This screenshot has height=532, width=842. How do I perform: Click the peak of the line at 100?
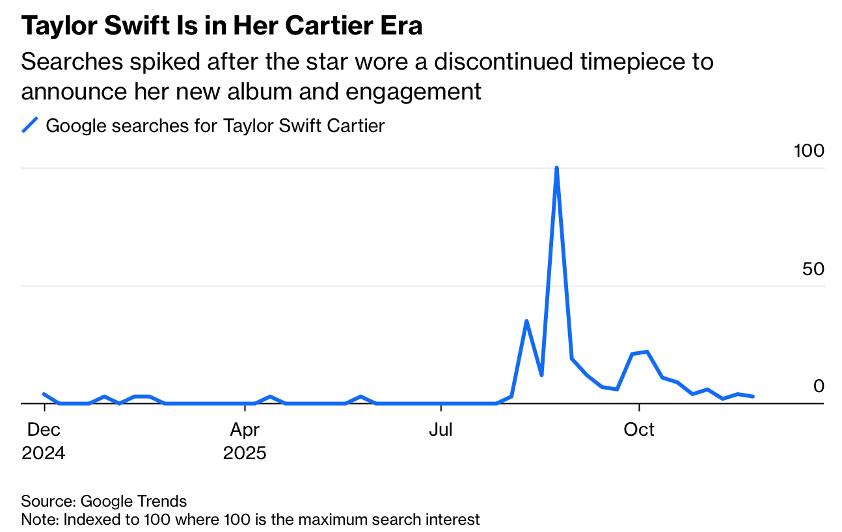(x=556, y=168)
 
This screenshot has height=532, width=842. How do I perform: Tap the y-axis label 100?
(x=809, y=151)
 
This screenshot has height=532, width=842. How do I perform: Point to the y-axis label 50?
(x=813, y=269)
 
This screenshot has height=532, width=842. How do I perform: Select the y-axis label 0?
(x=819, y=386)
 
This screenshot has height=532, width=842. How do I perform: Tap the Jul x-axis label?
(x=441, y=430)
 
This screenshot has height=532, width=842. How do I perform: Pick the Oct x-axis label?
(x=639, y=430)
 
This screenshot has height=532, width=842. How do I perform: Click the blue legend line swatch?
(x=31, y=125)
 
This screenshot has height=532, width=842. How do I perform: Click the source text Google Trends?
(x=133, y=501)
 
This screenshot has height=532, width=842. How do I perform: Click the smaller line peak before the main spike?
(x=526, y=321)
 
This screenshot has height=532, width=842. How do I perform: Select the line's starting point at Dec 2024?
(x=44, y=394)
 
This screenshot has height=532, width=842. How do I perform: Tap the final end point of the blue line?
(x=753, y=396)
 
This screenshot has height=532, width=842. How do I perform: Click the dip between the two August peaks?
(x=541, y=375)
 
